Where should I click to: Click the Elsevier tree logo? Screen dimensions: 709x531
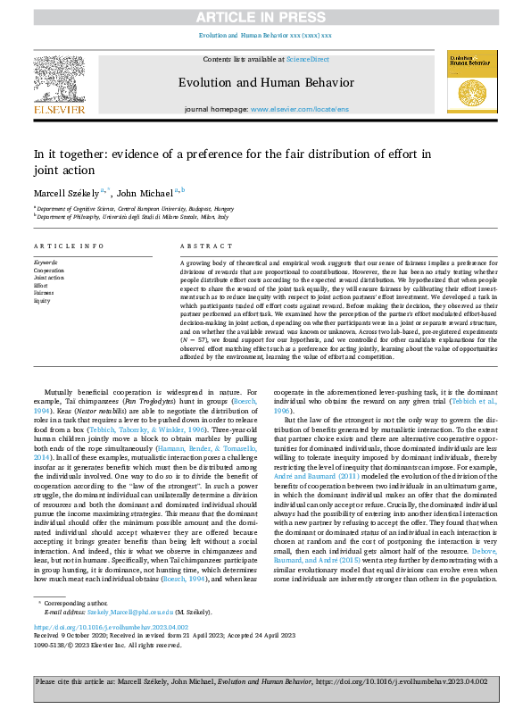(59, 80)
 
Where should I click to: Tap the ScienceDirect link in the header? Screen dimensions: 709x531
(307, 59)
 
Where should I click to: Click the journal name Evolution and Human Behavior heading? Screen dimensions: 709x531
(265, 80)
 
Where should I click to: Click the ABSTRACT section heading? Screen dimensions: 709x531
(200, 246)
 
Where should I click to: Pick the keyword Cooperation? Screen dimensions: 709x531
(49, 269)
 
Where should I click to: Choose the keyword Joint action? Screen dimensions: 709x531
(50, 278)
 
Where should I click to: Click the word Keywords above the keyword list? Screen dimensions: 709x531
(46, 263)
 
